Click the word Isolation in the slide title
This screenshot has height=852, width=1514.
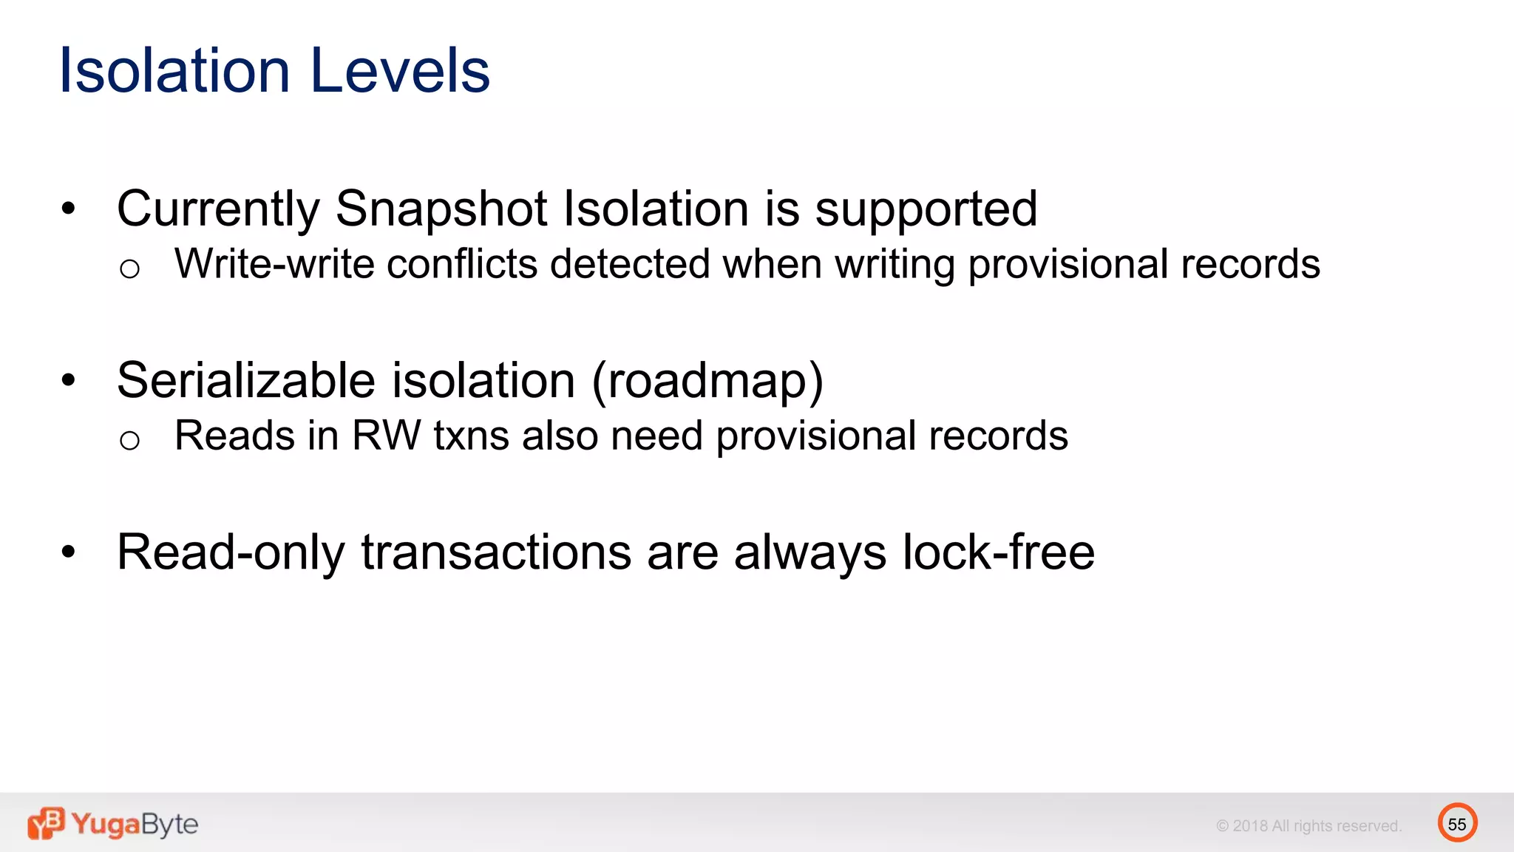pyautogui.click(x=174, y=70)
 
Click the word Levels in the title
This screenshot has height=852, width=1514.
pyautogui.click(x=400, y=70)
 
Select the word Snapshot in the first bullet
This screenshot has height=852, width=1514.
pyautogui.click(x=441, y=209)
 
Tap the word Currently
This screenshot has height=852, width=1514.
pyautogui.click(x=218, y=210)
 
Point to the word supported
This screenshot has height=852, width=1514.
pyautogui.click(x=926, y=210)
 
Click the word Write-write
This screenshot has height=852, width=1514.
pyautogui.click(x=274, y=264)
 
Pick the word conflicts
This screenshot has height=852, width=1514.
pyautogui.click(x=462, y=264)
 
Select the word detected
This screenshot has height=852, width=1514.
pyautogui.click(x=630, y=264)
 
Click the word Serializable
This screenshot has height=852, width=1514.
pyautogui.click(x=246, y=381)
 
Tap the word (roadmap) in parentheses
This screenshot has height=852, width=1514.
pyautogui.click(x=707, y=381)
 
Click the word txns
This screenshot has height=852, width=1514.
pyautogui.click(x=471, y=436)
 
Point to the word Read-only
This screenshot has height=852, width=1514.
pyautogui.click(x=231, y=552)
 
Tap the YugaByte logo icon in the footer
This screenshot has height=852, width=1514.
pyautogui.click(x=46, y=823)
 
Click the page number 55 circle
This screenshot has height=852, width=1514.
pyautogui.click(x=1457, y=823)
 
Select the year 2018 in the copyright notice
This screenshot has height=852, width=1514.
pyautogui.click(x=1250, y=826)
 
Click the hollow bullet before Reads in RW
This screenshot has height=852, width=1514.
pyautogui.click(x=129, y=441)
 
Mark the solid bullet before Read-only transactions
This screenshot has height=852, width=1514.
pyautogui.click(x=69, y=552)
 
